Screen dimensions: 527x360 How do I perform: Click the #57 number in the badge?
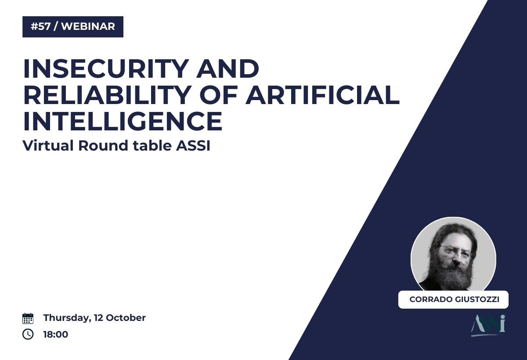pyautogui.click(x=41, y=26)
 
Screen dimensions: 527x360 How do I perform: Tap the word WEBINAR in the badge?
pyautogui.click(x=88, y=26)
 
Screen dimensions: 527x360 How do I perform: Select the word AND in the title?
pyautogui.click(x=227, y=68)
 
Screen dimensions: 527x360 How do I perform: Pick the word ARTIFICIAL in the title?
pyautogui.click(x=322, y=95)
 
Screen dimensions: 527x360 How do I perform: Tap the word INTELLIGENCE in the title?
pyautogui.click(x=123, y=121)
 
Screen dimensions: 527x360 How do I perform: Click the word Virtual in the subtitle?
pyautogui.click(x=48, y=146)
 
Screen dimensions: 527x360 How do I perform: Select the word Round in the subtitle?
pyautogui.click(x=103, y=146)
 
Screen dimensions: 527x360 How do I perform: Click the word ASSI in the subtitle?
pyautogui.click(x=193, y=146)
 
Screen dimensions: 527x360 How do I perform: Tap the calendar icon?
pyautogui.click(x=28, y=318)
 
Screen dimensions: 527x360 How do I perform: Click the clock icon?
pyautogui.click(x=28, y=334)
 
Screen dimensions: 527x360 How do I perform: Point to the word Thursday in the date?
pyautogui.click(x=67, y=318)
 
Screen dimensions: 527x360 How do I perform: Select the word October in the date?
pyautogui.click(x=126, y=318)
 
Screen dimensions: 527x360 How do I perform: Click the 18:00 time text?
pyautogui.click(x=56, y=335)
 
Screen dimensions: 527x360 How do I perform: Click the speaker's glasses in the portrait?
pyautogui.click(x=455, y=250)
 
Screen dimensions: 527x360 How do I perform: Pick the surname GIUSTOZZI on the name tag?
pyautogui.click(x=477, y=299)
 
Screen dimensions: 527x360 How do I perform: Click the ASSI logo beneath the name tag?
pyautogui.click(x=488, y=325)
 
